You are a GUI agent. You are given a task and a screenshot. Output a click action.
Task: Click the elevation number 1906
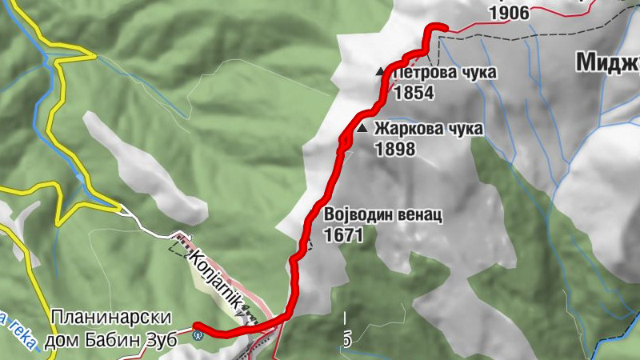pyautogui.click(x=510, y=13)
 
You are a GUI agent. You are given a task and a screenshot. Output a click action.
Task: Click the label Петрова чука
pyautogui.click(x=445, y=73)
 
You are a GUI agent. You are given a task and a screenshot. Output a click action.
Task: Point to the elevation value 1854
pyautogui.click(x=413, y=92)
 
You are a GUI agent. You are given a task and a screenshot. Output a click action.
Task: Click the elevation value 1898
pyautogui.click(x=394, y=148)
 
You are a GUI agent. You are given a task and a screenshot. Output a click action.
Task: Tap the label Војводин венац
pyautogui.click(x=383, y=216)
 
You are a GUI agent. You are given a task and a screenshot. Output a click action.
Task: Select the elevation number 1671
pyautogui.click(x=344, y=235)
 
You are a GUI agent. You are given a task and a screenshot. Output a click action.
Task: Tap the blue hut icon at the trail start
pyautogui.click(x=198, y=335)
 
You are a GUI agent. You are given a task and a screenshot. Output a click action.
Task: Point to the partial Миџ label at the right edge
pyautogui.click(x=608, y=62)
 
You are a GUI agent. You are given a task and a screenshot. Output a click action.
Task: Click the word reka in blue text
pyautogui.click(x=22, y=332)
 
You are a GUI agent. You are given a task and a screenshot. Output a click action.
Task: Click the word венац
pyautogui.click(x=416, y=216)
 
